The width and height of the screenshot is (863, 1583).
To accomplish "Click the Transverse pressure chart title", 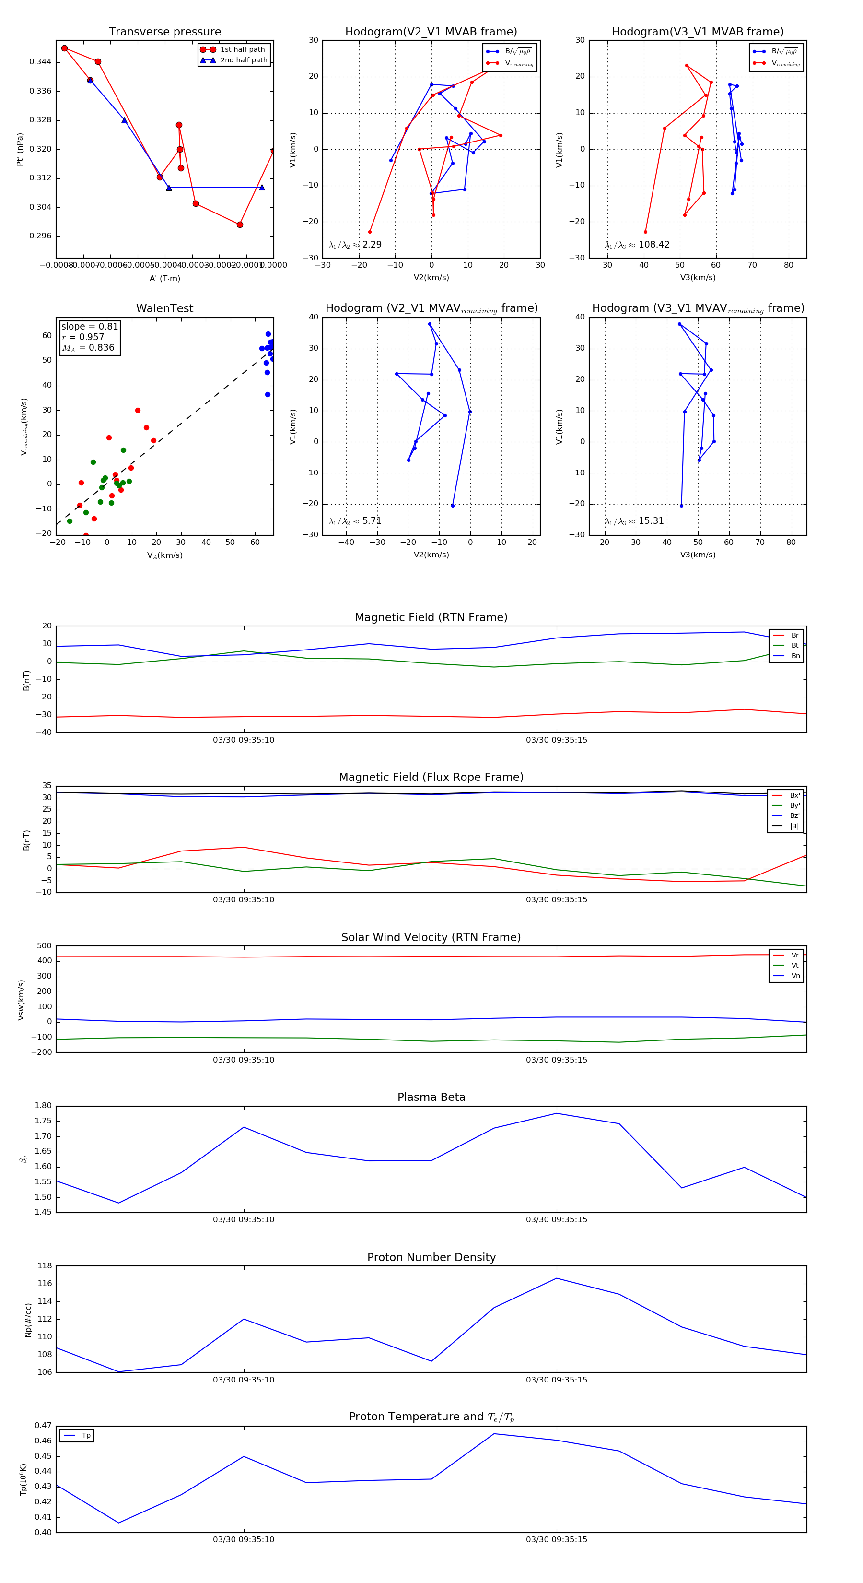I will [x=164, y=32].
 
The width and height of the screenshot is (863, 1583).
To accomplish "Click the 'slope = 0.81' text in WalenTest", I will [x=89, y=326].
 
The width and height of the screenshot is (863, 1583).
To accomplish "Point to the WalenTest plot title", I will [x=164, y=308].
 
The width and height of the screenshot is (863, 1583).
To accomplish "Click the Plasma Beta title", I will [x=431, y=1098].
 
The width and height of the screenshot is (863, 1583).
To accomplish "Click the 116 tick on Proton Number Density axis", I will [x=44, y=1284].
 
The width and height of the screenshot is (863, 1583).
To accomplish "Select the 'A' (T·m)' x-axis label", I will [x=164, y=278].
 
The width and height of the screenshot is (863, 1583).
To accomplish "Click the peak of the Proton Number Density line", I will [x=557, y=1278].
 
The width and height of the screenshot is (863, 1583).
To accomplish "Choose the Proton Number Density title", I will [x=431, y=1257].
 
